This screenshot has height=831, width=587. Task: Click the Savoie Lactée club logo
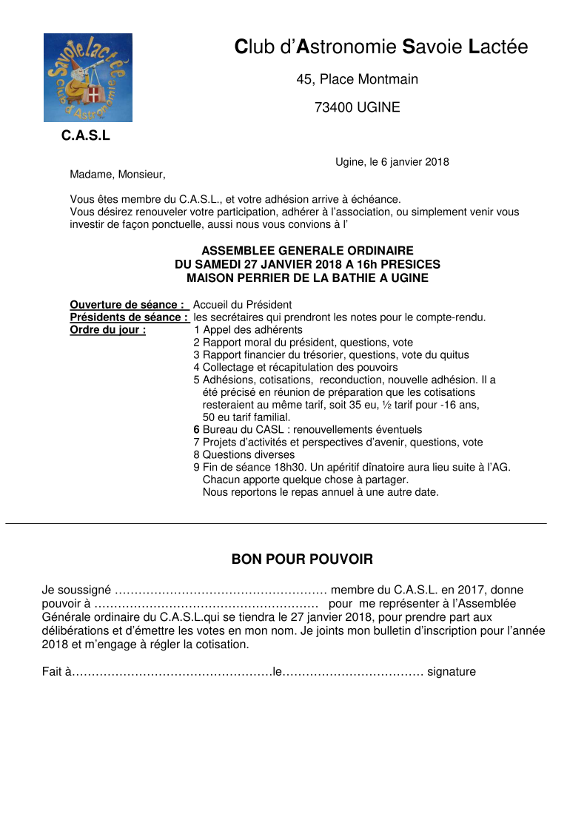[88, 78]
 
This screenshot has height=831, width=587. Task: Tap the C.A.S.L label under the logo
[86, 136]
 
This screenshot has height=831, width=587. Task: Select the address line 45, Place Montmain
[357, 79]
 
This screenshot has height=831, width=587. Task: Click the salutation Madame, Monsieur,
[118, 175]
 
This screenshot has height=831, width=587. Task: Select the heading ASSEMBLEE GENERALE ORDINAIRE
[307, 252]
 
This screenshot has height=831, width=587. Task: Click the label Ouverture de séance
[127, 305]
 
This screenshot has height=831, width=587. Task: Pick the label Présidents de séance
[128, 317]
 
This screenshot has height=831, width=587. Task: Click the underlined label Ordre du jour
[107, 330]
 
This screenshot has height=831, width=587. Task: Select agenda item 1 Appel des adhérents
[247, 330]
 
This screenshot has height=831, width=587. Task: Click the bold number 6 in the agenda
[197, 430]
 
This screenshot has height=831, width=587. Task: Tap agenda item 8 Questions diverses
[244, 455]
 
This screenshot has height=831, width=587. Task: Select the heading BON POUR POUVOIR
[302, 559]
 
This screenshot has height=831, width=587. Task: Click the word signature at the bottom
[452, 673]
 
